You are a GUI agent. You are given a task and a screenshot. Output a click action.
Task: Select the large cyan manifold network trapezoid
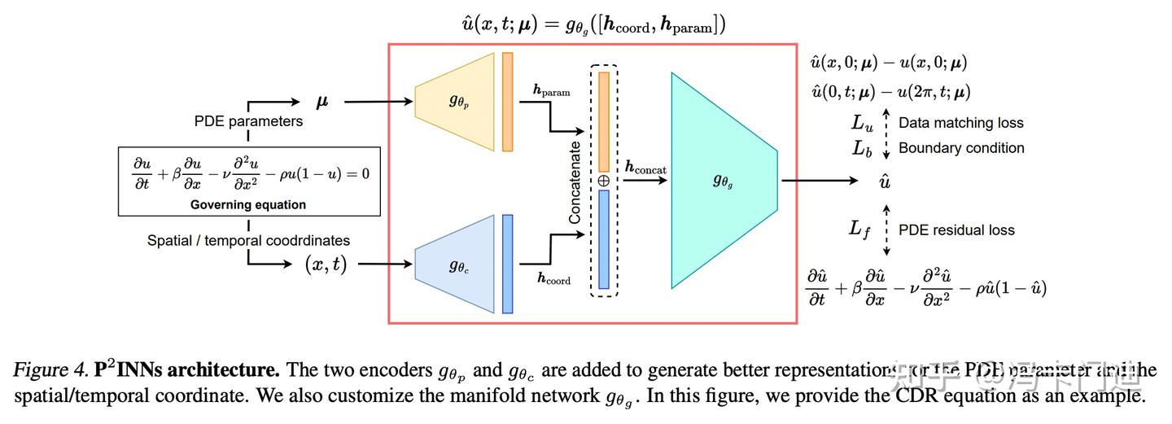(x=723, y=181)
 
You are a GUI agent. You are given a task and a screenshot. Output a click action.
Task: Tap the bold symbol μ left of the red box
(x=322, y=102)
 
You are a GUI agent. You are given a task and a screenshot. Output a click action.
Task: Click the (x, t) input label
(x=326, y=264)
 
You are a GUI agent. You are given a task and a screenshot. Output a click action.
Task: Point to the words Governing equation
(x=248, y=204)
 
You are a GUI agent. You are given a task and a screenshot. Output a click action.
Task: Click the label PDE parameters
(x=248, y=121)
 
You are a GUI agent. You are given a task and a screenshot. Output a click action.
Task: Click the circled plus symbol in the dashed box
(x=603, y=181)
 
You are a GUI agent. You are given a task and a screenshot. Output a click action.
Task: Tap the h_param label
(x=551, y=92)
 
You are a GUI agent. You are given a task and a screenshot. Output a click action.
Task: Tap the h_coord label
(x=553, y=279)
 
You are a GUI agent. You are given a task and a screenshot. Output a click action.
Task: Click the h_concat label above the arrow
(x=645, y=168)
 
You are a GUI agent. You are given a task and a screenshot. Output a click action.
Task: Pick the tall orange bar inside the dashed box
(x=603, y=122)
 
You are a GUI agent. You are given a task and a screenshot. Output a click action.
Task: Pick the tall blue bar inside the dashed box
(x=603, y=239)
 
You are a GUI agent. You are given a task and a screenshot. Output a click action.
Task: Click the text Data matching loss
(x=960, y=124)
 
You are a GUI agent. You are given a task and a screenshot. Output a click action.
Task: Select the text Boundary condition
(x=960, y=148)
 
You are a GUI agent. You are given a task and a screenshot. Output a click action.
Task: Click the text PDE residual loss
(x=956, y=230)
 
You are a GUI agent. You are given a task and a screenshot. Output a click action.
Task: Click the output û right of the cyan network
(x=885, y=181)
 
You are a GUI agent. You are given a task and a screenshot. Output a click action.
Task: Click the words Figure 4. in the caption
(x=49, y=371)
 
